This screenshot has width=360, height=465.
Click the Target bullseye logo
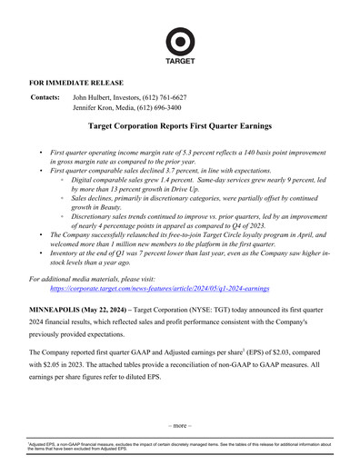(180, 41)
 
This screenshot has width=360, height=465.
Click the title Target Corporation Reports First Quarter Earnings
(180, 129)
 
